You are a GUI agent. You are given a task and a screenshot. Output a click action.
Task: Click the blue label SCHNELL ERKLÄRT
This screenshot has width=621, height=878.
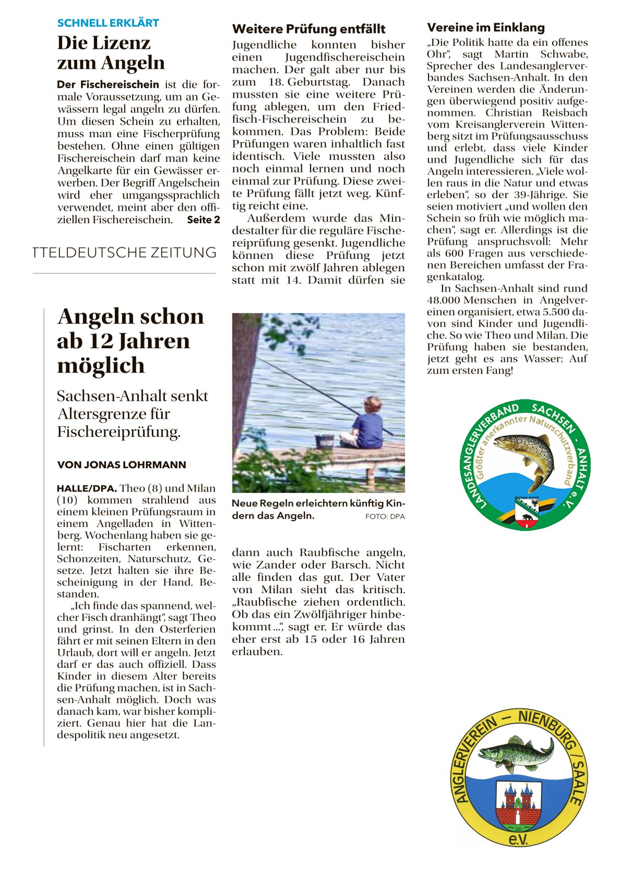pos(108,23)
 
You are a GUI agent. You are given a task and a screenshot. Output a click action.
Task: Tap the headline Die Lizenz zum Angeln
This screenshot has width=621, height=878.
pos(111,53)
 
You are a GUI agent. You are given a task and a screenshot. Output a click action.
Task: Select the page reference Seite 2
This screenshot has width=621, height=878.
pos(204,220)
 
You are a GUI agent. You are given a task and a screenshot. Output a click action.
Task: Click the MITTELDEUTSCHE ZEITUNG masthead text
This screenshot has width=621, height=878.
pos(124,252)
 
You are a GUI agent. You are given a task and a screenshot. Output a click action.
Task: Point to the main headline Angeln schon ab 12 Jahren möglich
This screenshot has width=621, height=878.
pos(130,341)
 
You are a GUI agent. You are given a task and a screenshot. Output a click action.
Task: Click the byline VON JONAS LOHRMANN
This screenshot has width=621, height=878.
pos(122,465)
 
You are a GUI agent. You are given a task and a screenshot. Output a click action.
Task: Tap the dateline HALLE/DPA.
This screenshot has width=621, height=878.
pos(87,489)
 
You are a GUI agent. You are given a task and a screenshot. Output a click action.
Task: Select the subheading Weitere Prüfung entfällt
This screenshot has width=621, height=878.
pos(308,29)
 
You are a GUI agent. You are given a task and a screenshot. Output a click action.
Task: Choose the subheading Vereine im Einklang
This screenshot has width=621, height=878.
pos(485,28)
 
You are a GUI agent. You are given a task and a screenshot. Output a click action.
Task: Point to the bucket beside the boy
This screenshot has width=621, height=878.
pos(324,441)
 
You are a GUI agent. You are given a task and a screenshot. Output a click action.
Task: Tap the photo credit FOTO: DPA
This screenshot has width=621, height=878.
pos(385,516)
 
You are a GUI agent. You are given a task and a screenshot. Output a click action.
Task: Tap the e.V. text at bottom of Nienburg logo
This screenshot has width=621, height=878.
pos(518,839)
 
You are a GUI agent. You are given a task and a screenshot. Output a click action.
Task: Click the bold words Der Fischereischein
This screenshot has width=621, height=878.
pos(108,85)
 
